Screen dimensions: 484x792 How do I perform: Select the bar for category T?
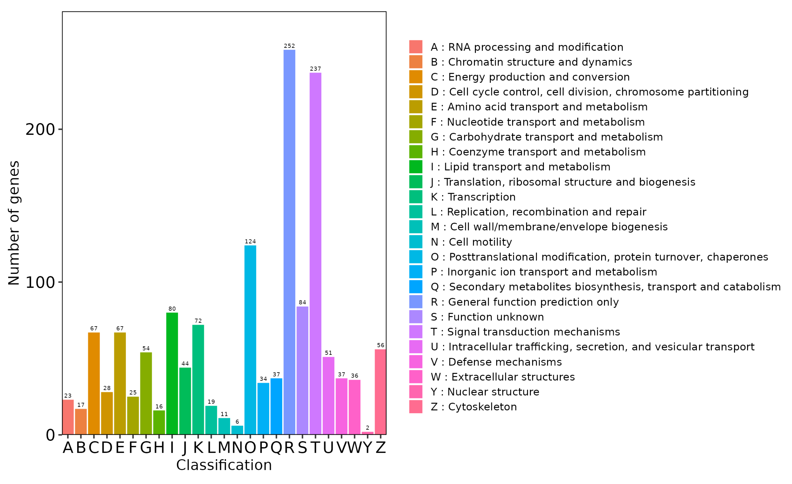point(315,254)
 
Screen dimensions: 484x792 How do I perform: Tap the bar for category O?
point(250,340)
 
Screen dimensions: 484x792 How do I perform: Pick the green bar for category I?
point(172,374)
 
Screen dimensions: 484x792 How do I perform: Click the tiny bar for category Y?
point(367,433)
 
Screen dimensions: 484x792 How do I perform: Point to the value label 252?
point(289,46)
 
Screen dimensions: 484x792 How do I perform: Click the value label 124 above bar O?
point(250,241)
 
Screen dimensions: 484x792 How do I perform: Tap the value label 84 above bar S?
point(302,302)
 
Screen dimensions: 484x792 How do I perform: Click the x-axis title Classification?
point(224,465)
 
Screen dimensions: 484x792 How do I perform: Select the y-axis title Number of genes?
point(14,223)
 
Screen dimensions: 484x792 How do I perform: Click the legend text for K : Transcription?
point(473,197)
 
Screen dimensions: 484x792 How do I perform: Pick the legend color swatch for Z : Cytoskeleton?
point(416,407)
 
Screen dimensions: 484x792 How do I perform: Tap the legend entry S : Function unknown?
point(487,317)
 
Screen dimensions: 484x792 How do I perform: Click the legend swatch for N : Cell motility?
point(416,242)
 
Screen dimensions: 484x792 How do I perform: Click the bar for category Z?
point(381,392)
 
